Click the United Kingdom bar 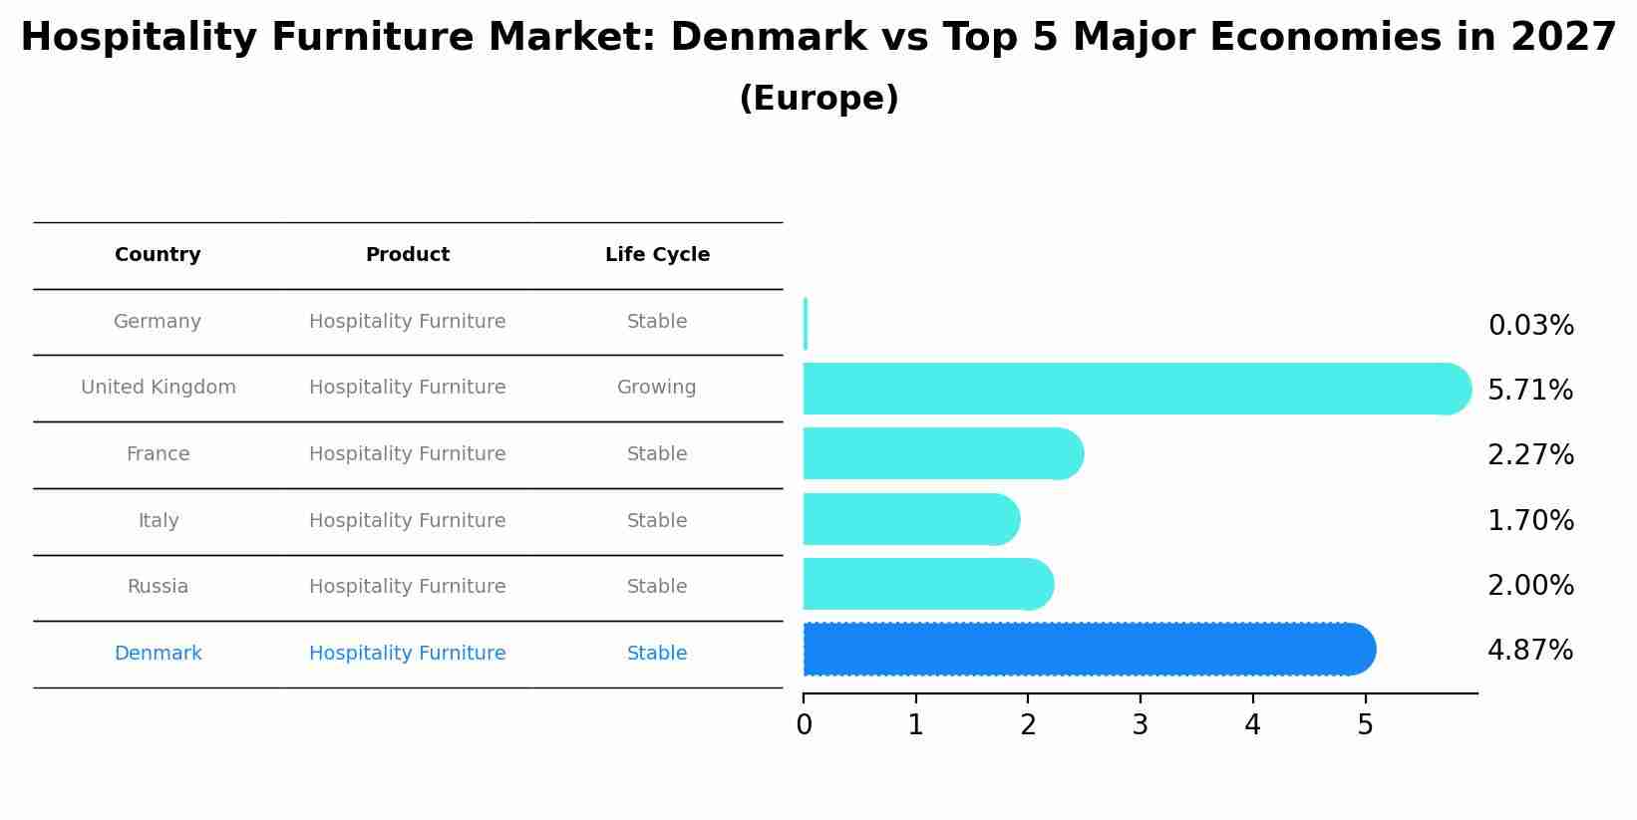(1137, 389)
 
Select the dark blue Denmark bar (1089, 650)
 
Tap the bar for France (943, 454)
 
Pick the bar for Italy (911, 519)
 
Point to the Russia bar (928, 585)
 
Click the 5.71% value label (1530, 390)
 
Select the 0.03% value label (1530, 326)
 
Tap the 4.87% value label (1530, 651)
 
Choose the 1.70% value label (1530, 520)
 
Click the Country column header (158, 255)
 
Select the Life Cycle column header (657, 255)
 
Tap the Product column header (407, 255)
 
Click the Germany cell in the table (158, 322)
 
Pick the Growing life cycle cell (656, 388)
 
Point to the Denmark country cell (158, 654)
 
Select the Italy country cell (158, 520)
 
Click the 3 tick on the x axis (1141, 725)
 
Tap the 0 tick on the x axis (804, 725)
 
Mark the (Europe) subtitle (818, 99)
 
